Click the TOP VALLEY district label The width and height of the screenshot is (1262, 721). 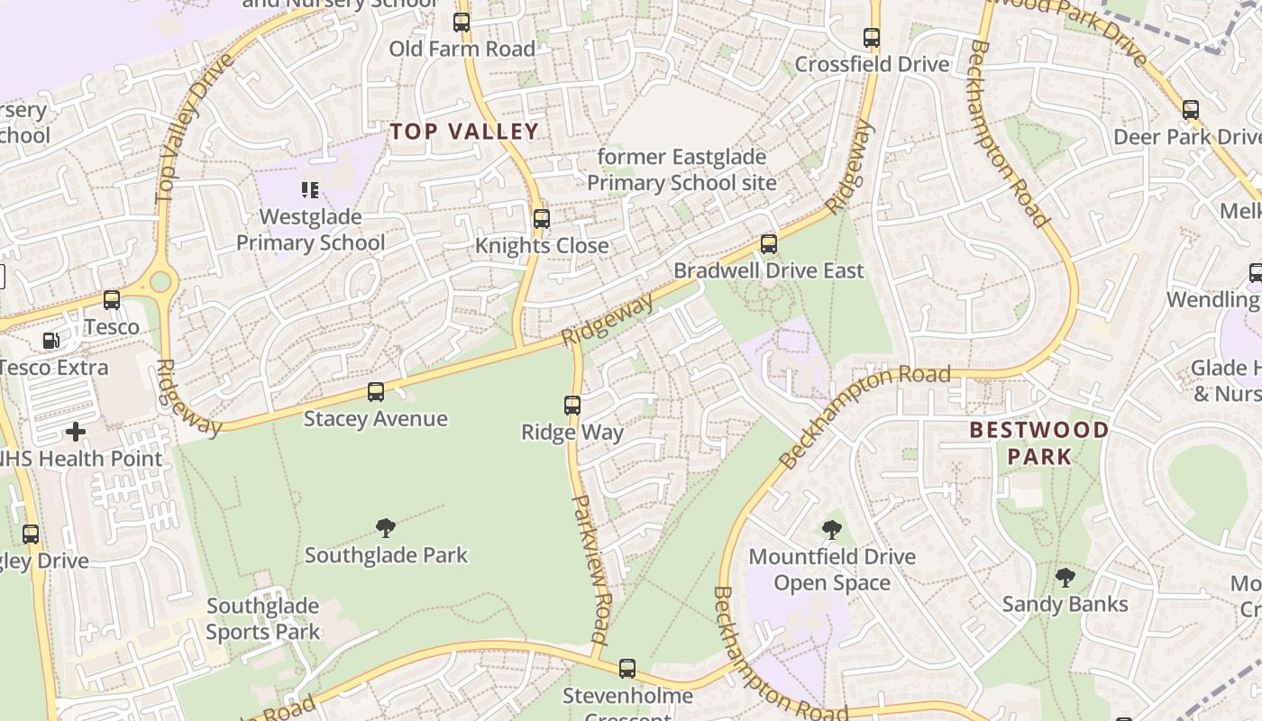[x=464, y=132]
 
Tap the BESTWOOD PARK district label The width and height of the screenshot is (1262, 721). [x=1039, y=443]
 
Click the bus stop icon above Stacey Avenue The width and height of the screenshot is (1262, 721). [x=376, y=392]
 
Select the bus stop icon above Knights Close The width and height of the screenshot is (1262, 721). [x=542, y=219]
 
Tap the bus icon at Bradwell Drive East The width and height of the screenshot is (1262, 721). [x=769, y=243]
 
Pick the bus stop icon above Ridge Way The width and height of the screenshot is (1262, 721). [x=572, y=406]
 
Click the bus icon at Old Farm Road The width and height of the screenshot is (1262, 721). [x=462, y=23]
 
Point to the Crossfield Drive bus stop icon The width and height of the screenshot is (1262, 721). [x=872, y=38]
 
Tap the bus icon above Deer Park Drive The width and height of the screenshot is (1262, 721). [x=1191, y=110]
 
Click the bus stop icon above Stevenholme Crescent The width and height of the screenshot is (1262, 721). [x=627, y=669]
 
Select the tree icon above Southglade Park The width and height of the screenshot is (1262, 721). [x=386, y=528]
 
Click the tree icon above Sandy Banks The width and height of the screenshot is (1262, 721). [x=1065, y=577]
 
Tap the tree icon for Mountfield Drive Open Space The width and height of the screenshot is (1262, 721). [x=832, y=530]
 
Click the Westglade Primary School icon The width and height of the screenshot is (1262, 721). [x=310, y=190]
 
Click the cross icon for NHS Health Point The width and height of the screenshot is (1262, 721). [x=76, y=432]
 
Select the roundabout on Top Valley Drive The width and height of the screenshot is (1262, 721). [x=160, y=281]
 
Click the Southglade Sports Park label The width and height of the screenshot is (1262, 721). [x=262, y=618]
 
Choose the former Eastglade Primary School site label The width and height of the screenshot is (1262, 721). [x=681, y=169]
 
